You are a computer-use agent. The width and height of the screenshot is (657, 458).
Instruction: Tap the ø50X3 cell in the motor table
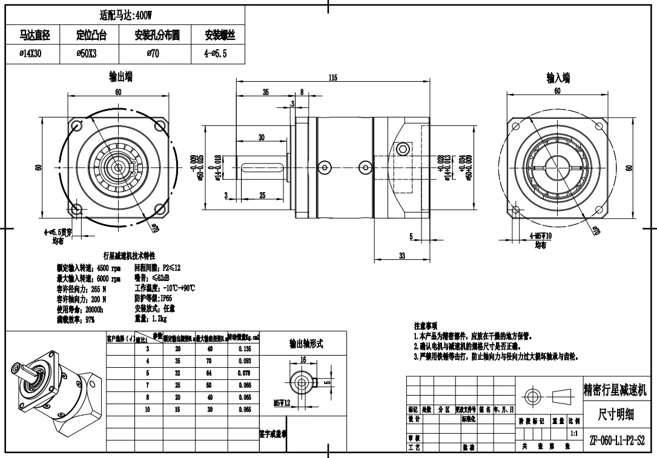pyautogui.click(x=91, y=53)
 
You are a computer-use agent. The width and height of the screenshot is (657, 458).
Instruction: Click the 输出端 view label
pyautogui.click(x=121, y=77)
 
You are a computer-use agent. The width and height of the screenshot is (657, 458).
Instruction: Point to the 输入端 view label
pyautogui.click(x=558, y=78)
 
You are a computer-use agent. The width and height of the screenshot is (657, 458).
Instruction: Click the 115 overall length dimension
pyautogui.click(x=332, y=78)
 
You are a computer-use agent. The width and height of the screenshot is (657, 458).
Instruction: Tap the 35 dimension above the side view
pyautogui.click(x=265, y=92)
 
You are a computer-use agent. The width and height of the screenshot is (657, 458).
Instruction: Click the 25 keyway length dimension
pyautogui.click(x=262, y=194)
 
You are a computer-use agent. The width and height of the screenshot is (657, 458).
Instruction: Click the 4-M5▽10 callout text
pyautogui.click(x=540, y=236)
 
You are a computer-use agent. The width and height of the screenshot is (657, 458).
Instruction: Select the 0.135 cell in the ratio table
pyautogui.click(x=245, y=348)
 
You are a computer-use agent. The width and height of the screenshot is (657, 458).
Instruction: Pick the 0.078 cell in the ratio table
pyautogui.click(x=245, y=373)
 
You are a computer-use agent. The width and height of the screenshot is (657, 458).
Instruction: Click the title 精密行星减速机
pyautogui.click(x=615, y=390)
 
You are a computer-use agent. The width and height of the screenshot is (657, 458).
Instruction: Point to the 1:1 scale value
pyautogui.click(x=573, y=434)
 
